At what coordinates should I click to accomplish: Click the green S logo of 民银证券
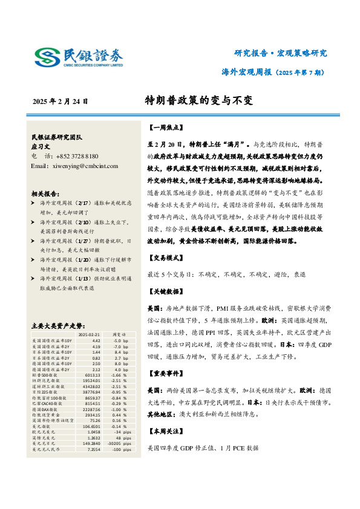pos(45,58)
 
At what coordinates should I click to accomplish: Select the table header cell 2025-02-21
pos(89,334)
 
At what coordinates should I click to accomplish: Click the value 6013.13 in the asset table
pos(93,375)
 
